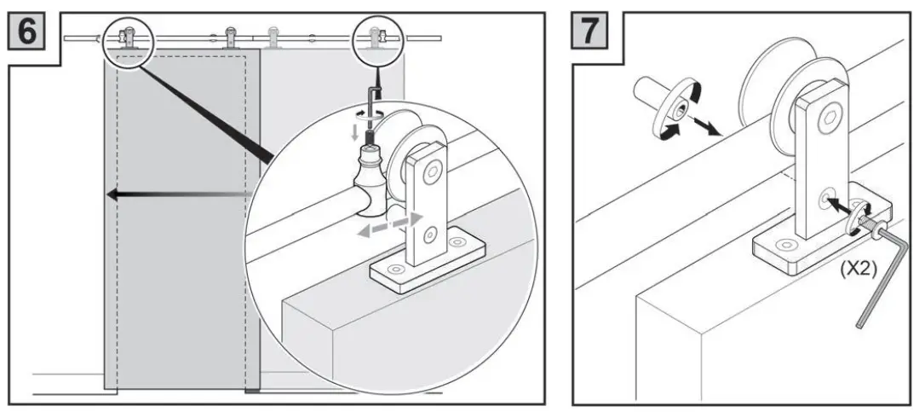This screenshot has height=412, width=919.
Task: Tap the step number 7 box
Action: pos(592,32)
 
